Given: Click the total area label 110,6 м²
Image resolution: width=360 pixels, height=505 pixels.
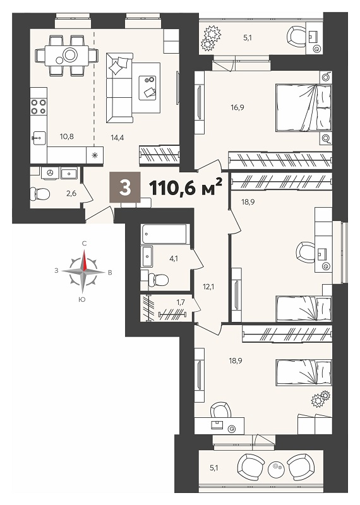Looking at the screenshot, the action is click(x=186, y=187).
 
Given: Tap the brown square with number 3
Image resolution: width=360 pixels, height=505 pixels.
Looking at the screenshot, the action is click(x=124, y=187).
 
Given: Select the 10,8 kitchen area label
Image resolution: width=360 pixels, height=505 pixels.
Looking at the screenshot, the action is click(x=67, y=136).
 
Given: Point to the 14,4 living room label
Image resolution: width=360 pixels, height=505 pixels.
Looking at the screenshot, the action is click(x=117, y=138).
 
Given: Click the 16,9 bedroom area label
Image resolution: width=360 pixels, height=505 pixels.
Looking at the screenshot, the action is click(x=237, y=107).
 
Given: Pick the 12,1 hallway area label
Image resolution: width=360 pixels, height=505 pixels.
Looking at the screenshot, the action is click(x=209, y=286).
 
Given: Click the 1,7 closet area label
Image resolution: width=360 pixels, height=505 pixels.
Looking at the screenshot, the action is click(x=181, y=302).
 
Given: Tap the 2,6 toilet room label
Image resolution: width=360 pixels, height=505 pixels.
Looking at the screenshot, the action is click(x=71, y=194).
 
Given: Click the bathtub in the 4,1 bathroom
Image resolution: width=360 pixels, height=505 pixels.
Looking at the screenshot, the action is click(x=164, y=234).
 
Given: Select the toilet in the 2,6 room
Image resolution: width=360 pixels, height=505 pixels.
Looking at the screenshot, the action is click(x=40, y=194).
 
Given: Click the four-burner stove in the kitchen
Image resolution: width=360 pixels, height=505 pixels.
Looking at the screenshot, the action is click(x=39, y=107).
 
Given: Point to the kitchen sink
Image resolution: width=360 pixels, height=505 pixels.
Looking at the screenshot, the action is click(x=39, y=138).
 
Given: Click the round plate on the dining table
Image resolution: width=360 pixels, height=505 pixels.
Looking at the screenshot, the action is click(x=69, y=55).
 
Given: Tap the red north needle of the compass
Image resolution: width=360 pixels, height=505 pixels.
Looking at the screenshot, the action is click(x=85, y=261).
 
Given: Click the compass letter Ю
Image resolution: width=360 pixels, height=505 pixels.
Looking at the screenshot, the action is click(x=82, y=299).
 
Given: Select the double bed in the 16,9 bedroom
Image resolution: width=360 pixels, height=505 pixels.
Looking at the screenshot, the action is click(x=304, y=107).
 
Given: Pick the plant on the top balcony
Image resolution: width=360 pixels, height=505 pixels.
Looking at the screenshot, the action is click(x=211, y=38).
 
